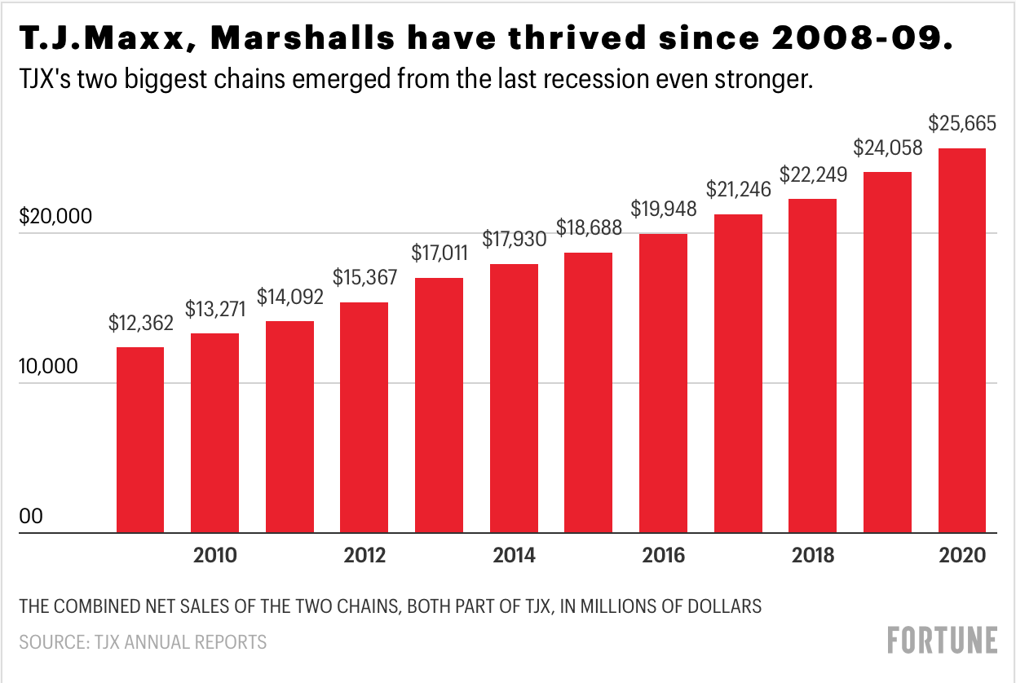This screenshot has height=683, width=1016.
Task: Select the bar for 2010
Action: click(214, 433)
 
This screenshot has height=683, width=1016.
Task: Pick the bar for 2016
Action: click(663, 383)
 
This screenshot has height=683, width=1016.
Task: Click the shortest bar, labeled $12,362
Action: click(140, 440)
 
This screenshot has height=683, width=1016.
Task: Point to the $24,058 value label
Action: click(888, 148)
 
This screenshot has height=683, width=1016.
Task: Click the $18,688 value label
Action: click(589, 229)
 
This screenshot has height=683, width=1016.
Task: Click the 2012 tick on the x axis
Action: click(364, 557)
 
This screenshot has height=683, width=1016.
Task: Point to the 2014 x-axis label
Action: click(514, 557)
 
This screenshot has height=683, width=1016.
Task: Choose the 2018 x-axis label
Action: click(813, 557)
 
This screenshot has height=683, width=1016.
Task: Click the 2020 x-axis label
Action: click(962, 557)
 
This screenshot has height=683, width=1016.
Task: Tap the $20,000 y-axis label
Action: click(56, 218)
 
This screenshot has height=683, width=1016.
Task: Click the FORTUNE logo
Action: click(942, 640)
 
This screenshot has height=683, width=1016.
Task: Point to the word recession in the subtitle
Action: click(590, 82)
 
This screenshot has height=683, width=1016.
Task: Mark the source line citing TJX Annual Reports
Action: click(143, 642)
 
